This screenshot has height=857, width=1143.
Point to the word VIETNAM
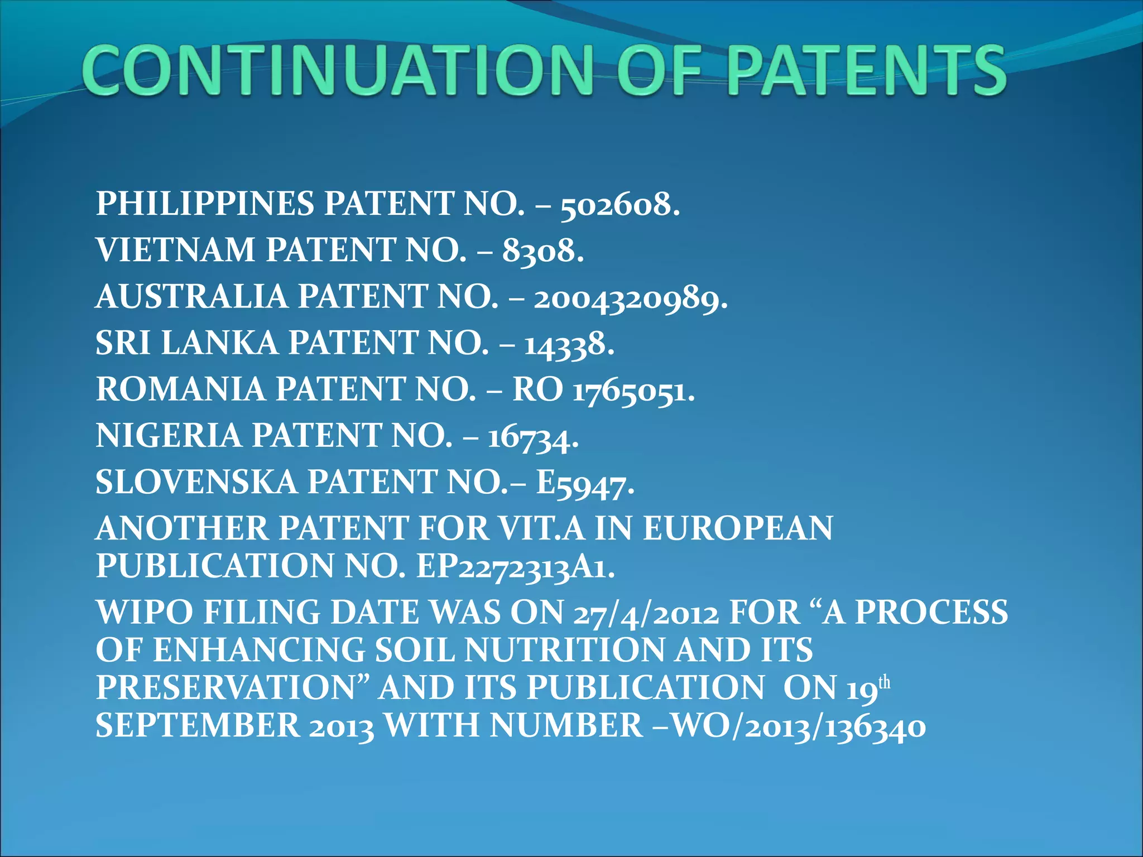175,249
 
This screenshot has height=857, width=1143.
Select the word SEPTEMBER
198,725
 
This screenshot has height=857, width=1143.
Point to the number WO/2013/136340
798,727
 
